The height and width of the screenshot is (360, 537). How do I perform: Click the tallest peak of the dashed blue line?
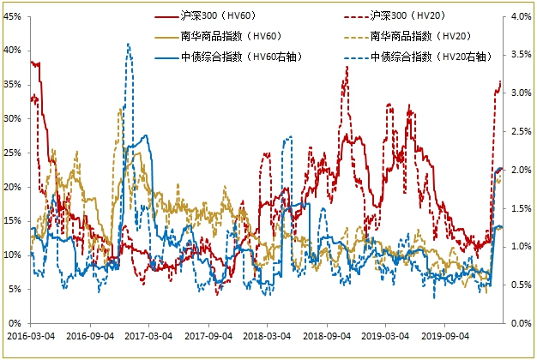(x=129, y=44)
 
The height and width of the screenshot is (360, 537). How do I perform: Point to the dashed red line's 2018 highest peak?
(x=346, y=67)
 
